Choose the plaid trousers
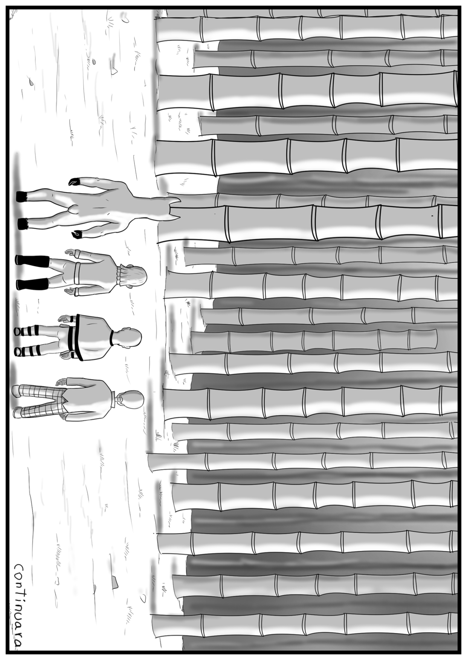tap(41, 400)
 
